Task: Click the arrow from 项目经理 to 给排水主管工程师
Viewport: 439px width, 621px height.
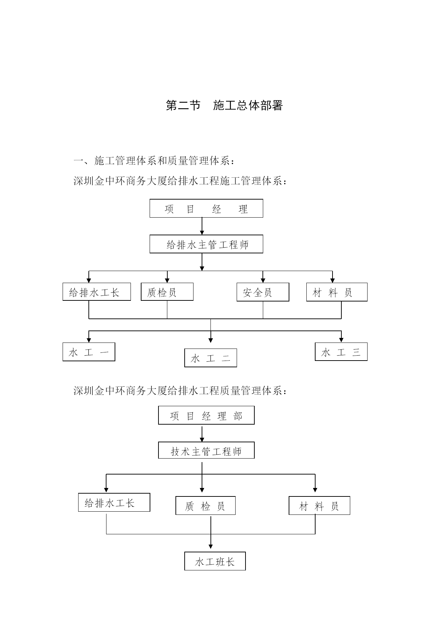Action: coord(202,226)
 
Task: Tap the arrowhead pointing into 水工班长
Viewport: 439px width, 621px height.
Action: coord(210,547)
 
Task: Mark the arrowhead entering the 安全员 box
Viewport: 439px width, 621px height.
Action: coord(263,280)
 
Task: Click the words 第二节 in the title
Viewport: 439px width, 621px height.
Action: coord(183,105)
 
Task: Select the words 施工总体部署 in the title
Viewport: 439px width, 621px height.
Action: coord(248,105)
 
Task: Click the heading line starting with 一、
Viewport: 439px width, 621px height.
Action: coord(154,161)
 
